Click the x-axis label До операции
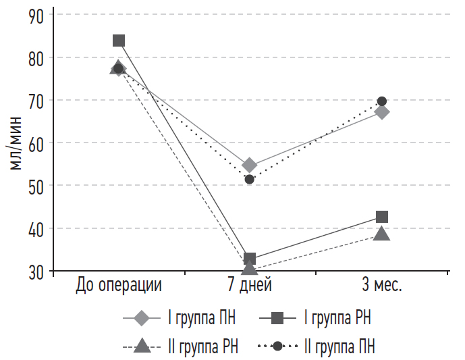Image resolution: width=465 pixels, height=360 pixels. pyautogui.click(x=119, y=285)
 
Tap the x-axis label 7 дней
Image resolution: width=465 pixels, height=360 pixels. pyautogui.click(x=250, y=285)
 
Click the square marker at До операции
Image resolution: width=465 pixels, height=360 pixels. pyautogui.click(x=119, y=41)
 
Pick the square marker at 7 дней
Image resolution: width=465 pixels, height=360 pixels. pyautogui.click(x=250, y=259)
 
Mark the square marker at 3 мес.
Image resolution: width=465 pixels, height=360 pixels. pyautogui.click(x=382, y=217)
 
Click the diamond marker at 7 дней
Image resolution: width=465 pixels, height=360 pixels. pyautogui.click(x=249, y=165)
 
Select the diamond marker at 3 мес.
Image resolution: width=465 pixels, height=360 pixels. pyautogui.click(x=382, y=112)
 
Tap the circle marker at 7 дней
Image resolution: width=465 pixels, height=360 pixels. pyautogui.click(x=250, y=179)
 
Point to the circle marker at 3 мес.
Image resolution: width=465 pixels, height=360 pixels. pyautogui.click(x=382, y=101)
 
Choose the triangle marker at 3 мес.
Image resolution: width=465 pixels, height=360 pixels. pyautogui.click(x=382, y=234)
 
